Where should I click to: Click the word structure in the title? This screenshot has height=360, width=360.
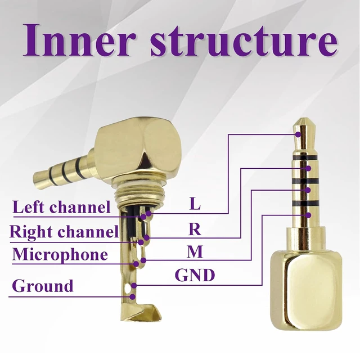click(244, 40)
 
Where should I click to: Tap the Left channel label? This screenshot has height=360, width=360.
click(61, 206)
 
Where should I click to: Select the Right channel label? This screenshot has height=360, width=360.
click(64, 231)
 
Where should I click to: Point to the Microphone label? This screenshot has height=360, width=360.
click(60, 254)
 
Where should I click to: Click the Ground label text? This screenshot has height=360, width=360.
click(43, 286)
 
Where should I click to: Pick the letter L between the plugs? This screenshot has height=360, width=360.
click(195, 204)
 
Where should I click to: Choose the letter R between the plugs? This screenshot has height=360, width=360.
click(195, 229)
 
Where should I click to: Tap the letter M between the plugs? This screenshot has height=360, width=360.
click(195, 251)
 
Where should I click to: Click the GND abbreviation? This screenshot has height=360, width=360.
click(195, 275)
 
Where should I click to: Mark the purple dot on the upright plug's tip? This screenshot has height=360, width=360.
click(298, 134)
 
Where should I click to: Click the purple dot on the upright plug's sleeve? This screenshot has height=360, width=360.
click(308, 215)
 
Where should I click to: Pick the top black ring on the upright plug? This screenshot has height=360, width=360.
click(305, 157)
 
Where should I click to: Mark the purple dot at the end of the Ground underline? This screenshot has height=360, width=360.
click(132, 296)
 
